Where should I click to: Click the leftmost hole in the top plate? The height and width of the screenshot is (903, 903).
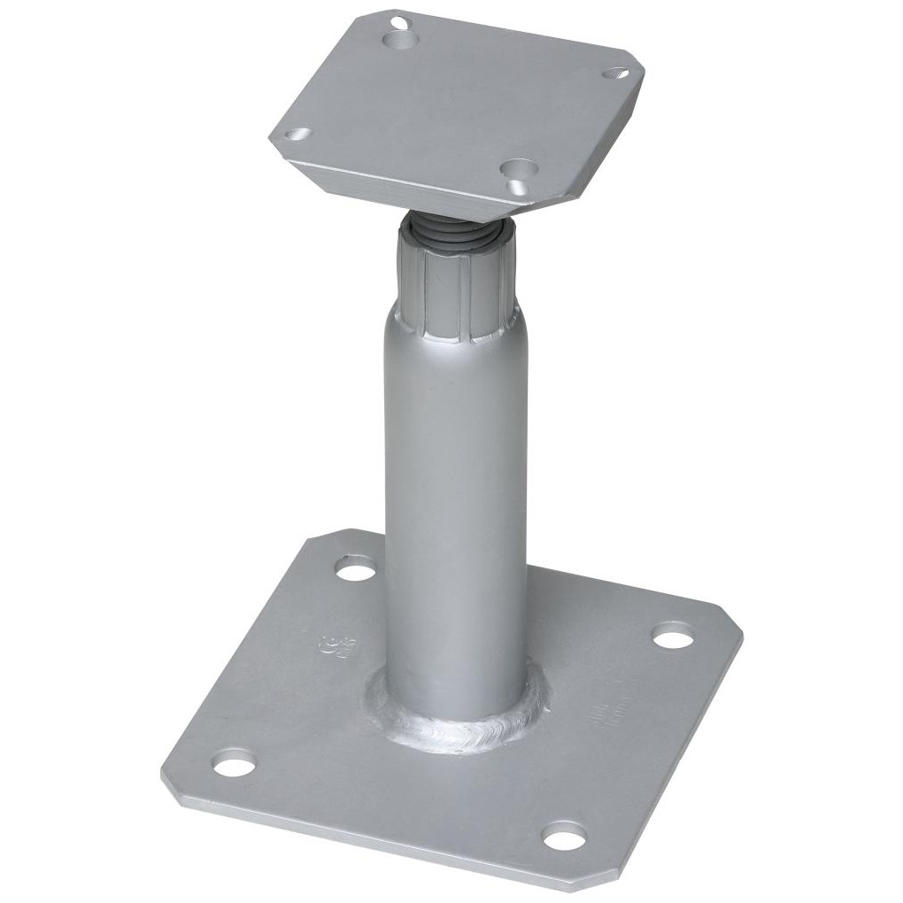tap(297, 135)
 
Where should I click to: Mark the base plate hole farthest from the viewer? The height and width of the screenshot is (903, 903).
tap(356, 567)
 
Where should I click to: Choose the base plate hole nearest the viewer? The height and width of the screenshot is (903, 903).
tap(565, 833)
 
